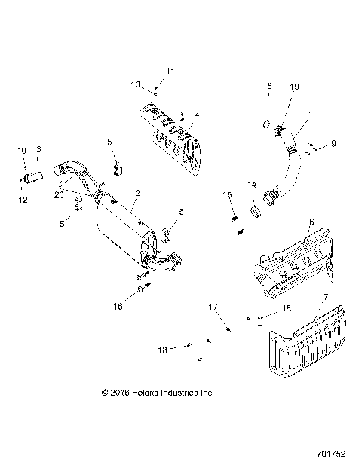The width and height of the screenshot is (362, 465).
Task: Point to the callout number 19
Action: pyautogui.click(x=294, y=87)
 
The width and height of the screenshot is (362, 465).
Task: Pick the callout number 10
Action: pyautogui.click(x=21, y=151)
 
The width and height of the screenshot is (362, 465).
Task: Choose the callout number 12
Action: pyautogui.click(x=22, y=199)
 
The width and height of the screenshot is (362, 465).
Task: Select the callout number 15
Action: pyautogui.click(x=226, y=196)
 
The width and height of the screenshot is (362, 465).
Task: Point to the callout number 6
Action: pyautogui.click(x=310, y=222)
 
